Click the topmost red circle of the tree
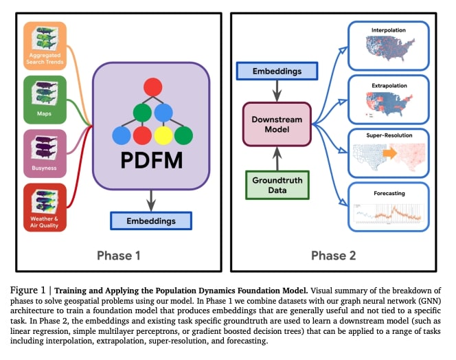tap(152, 88)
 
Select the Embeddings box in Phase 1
tap(151, 221)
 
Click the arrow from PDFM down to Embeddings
tap(151, 201)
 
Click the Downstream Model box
tap(277, 124)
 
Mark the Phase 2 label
tap(333, 256)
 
